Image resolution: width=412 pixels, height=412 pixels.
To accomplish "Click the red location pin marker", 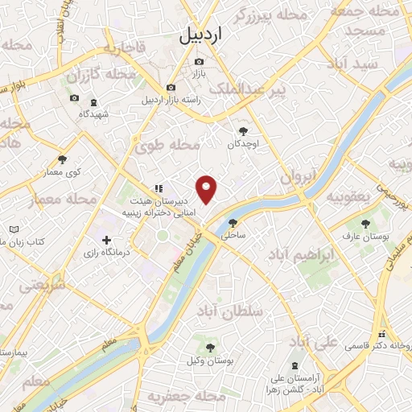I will [x=208, y=188].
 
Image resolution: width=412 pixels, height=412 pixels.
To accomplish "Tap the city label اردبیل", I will [x=198, y=36].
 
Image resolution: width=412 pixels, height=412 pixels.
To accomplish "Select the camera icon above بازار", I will [x=200, y=61].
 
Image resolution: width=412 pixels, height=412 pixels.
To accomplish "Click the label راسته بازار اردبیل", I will [x=168, y=101].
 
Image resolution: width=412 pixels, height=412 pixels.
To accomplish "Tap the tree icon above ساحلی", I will [x=233, y=223].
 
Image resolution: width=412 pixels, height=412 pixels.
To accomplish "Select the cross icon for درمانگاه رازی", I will [x=107, y=240].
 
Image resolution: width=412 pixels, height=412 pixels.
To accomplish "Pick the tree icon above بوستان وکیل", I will [x=210, y=348].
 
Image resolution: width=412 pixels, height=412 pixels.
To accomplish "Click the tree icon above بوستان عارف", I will [x=366, y=223].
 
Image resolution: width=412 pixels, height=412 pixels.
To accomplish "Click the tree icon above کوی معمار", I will [x=63, y=159].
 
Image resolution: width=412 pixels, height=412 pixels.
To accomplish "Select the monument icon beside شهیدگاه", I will [x=93, y=102].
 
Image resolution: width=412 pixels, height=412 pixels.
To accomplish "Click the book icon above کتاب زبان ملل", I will [x=13, y=229].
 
